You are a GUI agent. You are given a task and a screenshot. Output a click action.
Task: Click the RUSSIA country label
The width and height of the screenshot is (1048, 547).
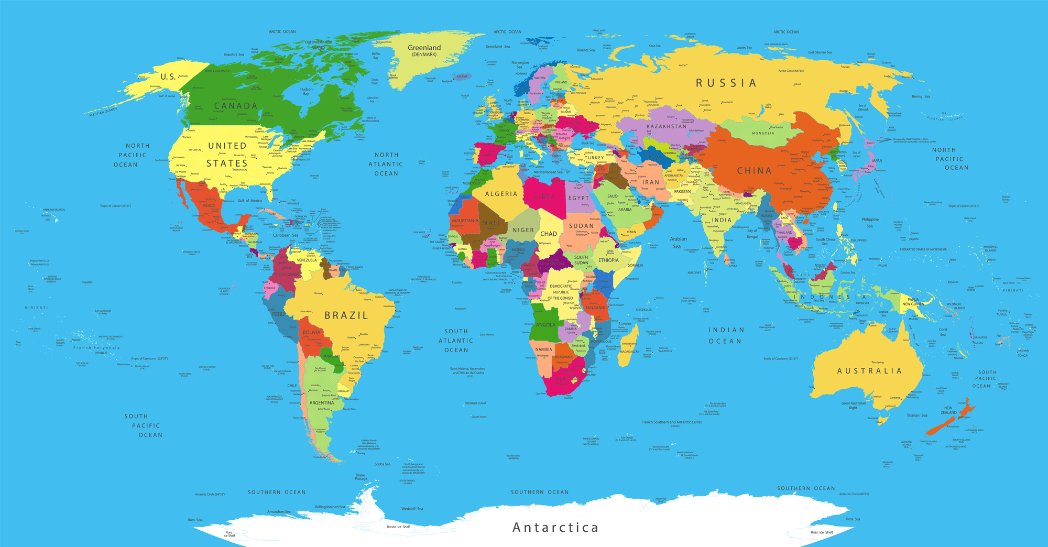tap(726, 83)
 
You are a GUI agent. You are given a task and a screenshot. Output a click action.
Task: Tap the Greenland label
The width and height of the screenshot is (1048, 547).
tap(424, 48)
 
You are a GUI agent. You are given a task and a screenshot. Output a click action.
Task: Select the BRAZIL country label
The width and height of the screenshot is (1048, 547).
tap(346, 315)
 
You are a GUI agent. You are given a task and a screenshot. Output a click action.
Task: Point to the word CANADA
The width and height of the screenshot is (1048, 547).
tap(236, 106)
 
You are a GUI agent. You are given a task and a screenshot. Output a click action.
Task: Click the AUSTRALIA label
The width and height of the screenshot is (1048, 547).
tap(869, 371)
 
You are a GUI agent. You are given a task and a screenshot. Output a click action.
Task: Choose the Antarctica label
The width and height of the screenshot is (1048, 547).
tap(555, 528)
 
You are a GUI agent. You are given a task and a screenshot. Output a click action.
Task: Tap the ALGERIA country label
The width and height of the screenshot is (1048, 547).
tap(501, 194)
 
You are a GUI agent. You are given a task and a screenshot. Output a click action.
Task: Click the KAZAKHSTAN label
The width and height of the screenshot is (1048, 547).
tap(666, 126)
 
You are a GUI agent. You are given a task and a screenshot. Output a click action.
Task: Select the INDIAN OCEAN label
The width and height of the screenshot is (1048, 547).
tap(726, 335)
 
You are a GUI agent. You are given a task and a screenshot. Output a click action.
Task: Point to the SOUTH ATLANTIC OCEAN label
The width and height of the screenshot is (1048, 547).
tap(456, 341)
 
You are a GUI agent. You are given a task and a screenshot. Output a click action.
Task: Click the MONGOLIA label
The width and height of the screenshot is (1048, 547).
tap(763, 133)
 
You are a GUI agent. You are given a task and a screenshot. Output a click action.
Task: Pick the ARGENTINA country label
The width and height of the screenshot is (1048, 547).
tap(321, 403)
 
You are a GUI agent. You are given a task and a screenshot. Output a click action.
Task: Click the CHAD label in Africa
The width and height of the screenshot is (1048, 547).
tap(548, 234)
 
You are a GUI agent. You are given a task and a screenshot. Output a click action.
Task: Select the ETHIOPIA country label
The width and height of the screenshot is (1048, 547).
tap(608, 260)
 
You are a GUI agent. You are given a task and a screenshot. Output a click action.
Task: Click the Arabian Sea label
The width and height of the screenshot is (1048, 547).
tap(678, 242)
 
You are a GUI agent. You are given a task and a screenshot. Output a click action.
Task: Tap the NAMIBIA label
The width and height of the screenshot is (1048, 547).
tap(543, 349)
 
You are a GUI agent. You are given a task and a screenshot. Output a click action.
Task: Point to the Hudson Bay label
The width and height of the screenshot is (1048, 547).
tap(306, 91)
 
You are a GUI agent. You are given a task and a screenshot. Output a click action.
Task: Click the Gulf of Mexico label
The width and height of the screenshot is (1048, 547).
tap(249, 201)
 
